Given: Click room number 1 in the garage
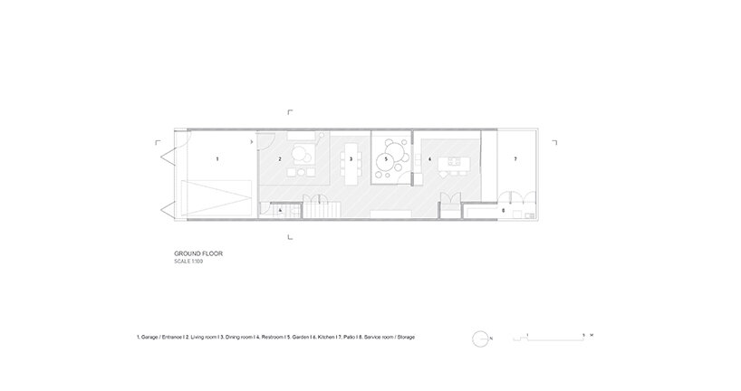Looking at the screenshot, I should click(x=217, y=158).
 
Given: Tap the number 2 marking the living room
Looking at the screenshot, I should click(x=280, y=159).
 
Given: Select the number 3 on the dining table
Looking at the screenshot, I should click(x=351, y=159).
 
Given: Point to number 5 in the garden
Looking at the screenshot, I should click(x=387, y=159).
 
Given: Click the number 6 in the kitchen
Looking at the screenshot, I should click(x=429, y=159).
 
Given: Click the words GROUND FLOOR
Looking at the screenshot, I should click(x=197, y=253).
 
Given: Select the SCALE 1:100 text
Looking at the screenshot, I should click(x=191, y=262).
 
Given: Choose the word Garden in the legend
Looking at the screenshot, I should click(x=295, y=338).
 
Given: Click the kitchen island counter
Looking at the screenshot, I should click(x=452, y=164).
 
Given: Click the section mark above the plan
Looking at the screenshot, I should click(x=290, y=112).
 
